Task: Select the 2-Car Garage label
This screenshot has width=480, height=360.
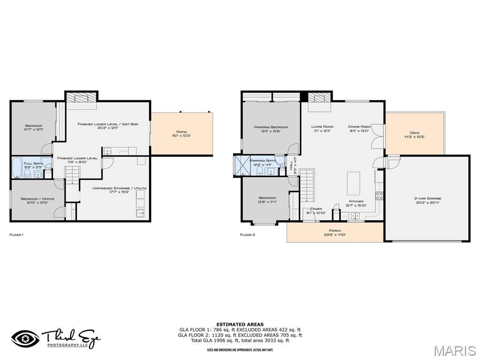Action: coord(427,200)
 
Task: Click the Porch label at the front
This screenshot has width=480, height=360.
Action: coord(335,232)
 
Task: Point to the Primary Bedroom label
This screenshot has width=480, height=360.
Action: coord(271,129)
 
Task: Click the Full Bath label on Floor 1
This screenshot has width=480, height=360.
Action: coord(34,165)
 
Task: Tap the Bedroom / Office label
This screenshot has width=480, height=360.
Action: coord(37,201)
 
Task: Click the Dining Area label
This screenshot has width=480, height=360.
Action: coord(360,128)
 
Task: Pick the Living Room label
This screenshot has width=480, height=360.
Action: coord(322,128)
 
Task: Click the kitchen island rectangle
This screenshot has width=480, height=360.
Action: coord(353,183)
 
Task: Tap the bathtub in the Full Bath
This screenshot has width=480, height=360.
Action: coord(17,166)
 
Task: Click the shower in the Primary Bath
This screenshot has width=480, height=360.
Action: coord(243,165)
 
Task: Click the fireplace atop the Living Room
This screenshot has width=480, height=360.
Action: coord(319,98)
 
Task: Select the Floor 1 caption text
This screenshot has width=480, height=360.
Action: coord(16,234)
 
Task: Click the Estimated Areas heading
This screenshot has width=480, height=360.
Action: coord(240,324)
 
